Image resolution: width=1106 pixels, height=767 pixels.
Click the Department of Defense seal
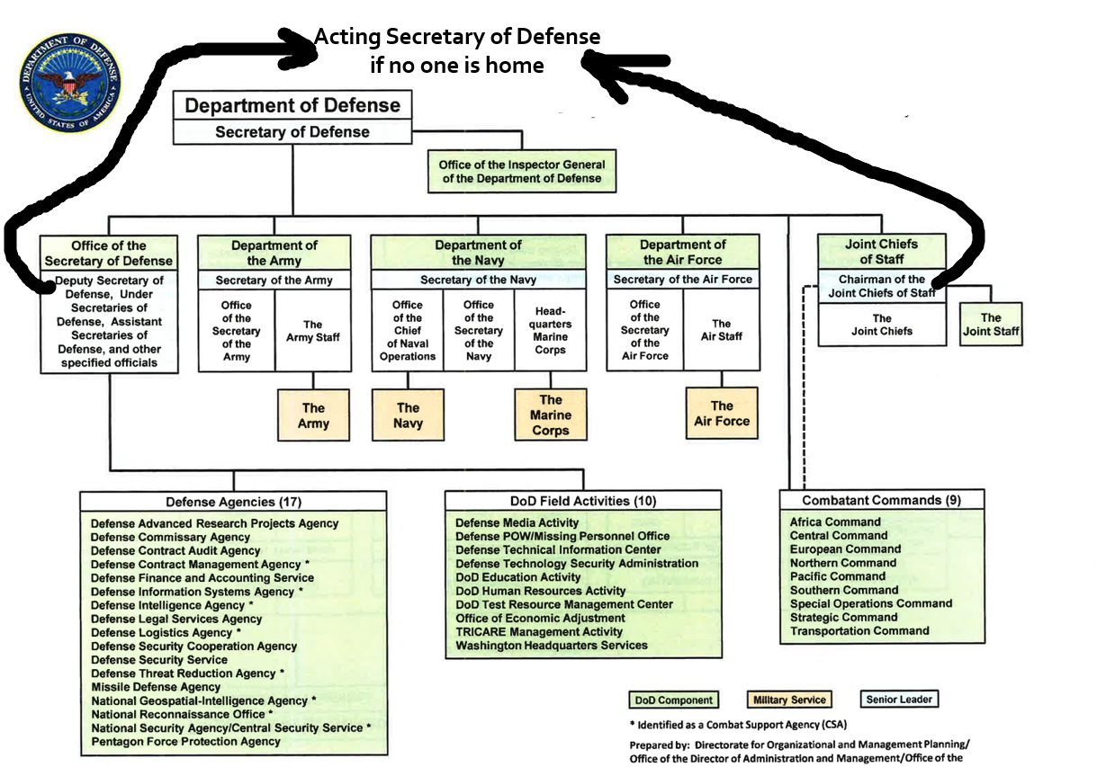click(x=69, y=82)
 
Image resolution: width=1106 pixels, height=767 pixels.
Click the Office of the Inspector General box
click(x=522, y=171)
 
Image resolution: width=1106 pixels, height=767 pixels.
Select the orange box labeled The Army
click(x=314, y=415)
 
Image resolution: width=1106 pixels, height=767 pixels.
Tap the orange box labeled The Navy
click(x=408, y=415)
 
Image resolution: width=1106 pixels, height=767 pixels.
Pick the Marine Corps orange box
click(x=550, y=415)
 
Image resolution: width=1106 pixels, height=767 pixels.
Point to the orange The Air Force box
click(x=722, y=414)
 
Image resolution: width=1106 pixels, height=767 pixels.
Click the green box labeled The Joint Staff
click(x=991, y=324)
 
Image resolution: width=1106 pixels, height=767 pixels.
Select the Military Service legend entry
click(x=787, y=700)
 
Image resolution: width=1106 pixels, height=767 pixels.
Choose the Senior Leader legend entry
click(x=899, y=699)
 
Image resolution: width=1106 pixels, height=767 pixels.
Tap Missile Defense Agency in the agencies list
click(x=156, y=687)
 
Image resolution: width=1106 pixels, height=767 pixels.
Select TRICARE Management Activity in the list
click(x=539, y=631)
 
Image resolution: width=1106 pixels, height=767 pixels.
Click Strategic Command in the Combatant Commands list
click(x=843, y=617)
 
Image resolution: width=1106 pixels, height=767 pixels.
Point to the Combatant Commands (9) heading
click(x=881, y=500)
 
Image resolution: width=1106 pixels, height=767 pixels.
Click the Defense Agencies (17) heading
click(x=233, y=502)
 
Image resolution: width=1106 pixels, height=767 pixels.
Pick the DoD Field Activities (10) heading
click(x=582, y=501)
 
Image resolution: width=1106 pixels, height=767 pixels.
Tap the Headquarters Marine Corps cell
click(x=550, y=330)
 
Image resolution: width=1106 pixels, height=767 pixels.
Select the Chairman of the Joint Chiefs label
click(x=882, y=285)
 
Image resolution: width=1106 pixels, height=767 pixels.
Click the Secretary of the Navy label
click(x=478, y=280)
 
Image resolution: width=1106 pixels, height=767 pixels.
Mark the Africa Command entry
click(x=835, y=522)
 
